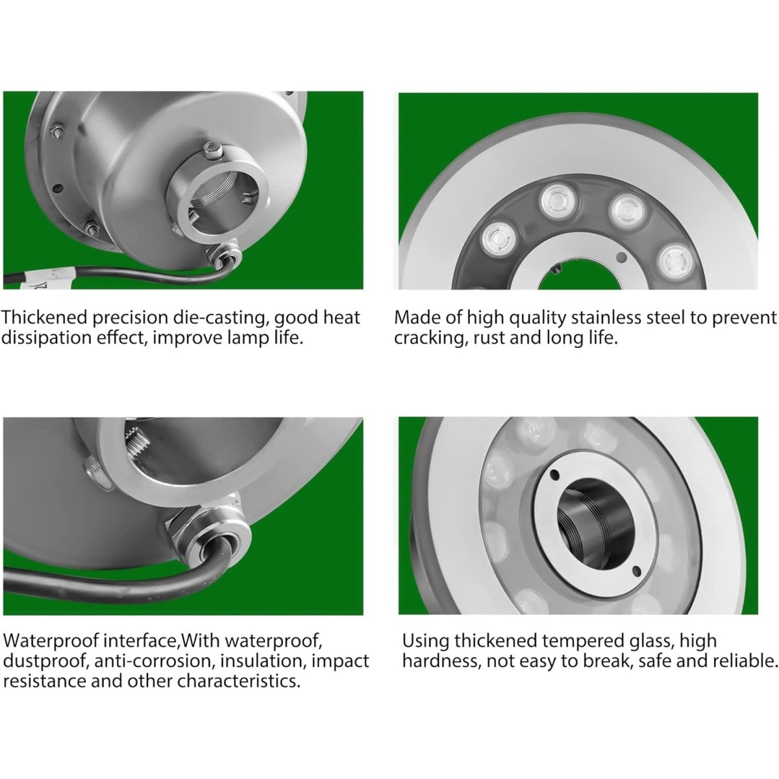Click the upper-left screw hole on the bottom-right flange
[x=554, y=473]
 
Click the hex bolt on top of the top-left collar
[x=212, y=151]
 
